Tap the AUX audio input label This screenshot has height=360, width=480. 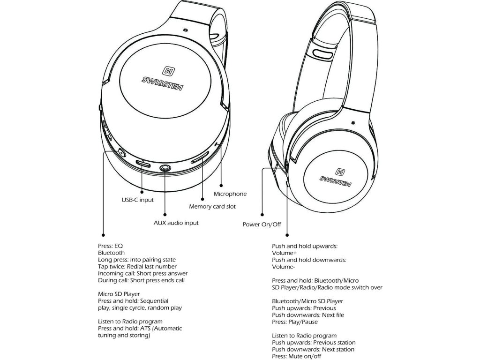click(x=176, y=223)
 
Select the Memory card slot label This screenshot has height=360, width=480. click(x=212, y=206)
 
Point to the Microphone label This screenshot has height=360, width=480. click(x=230, y=194)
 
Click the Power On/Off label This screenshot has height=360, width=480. click(x=262, y=225)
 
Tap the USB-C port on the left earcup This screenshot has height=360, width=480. click(x=143, y=164)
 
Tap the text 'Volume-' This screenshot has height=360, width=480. click(x=283, y=267)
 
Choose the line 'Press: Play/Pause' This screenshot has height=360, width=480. click(x=295, y=322)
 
